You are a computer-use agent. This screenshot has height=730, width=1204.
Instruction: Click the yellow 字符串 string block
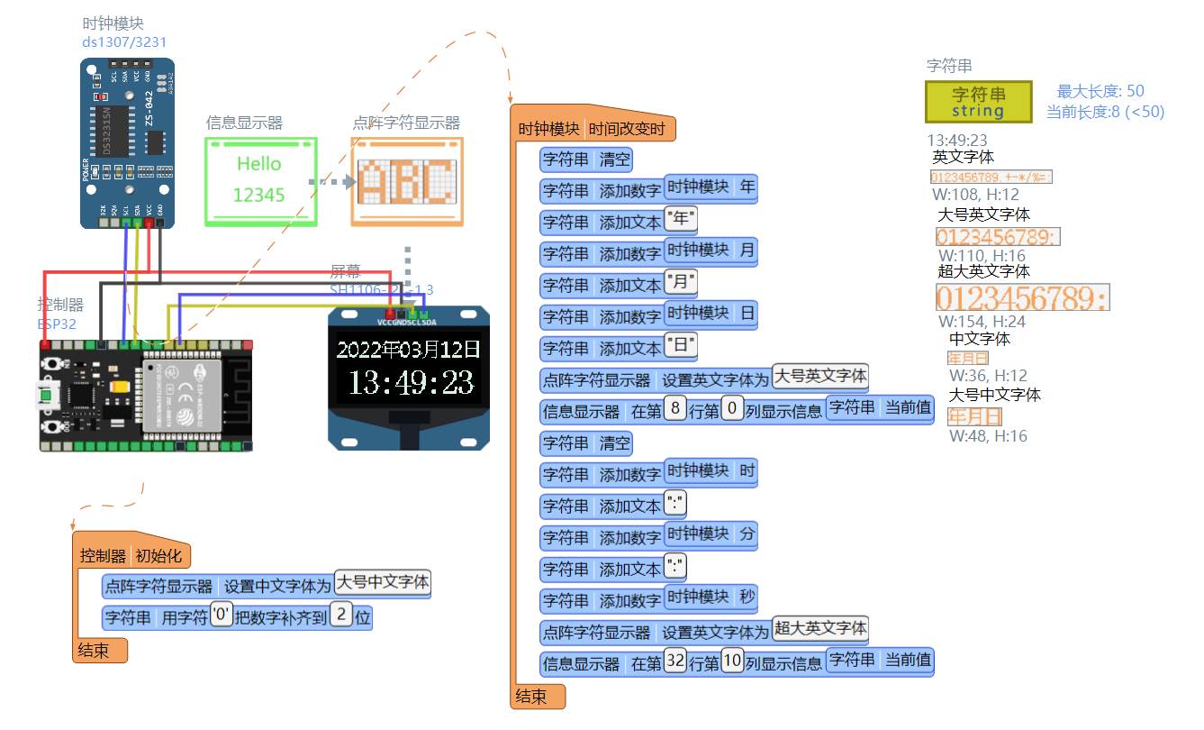tap(978, 102)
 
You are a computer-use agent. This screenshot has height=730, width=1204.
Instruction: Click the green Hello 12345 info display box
tap(261, 180)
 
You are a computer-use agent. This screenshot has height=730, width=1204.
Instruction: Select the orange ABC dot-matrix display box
tap(407, 180)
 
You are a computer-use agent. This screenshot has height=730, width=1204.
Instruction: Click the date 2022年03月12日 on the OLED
tap(410, 349)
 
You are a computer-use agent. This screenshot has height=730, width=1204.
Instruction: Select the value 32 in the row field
tap(675, 660)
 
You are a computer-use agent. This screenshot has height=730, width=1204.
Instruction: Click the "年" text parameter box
tap(680, 219)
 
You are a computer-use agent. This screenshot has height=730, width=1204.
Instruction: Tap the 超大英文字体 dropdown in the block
tap(820, 628)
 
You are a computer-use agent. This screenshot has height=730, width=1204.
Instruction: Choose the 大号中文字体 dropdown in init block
tap(383, 582)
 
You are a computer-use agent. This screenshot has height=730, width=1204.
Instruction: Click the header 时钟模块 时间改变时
tap(592, 129)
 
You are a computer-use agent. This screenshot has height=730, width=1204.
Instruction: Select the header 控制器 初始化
tap(131, 555)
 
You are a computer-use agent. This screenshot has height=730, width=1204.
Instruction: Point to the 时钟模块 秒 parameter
tap(710, 597)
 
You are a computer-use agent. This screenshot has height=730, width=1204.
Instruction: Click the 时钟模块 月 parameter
tap(710, 250)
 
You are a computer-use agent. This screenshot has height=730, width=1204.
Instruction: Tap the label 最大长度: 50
tap(1100, 91)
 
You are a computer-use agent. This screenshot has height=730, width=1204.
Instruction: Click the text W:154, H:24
tap(981, 322)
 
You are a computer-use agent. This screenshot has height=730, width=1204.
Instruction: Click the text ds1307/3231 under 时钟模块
tap(124, 42)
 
